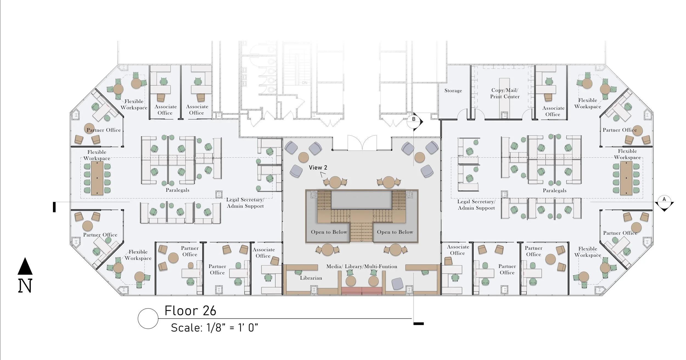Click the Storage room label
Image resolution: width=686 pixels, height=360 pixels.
tap(453, 91)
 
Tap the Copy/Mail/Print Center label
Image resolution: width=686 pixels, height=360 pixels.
tap(505, 93)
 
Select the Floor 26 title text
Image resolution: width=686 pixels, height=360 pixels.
tap(190, 311)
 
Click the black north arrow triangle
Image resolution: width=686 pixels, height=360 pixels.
tap(25, 266)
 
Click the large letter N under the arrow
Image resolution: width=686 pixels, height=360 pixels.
tap(25, 286)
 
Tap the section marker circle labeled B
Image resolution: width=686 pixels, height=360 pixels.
tap(414, 121)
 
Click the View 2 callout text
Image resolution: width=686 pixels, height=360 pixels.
tap(318, 168)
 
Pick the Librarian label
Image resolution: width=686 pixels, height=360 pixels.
tap(311, 278)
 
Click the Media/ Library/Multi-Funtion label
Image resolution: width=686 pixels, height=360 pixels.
tap(362, 266)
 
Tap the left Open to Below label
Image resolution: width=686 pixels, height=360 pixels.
tap(329, 232)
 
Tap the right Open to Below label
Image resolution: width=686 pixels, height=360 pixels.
tap(395, 232)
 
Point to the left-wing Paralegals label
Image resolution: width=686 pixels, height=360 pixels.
tap(177, 190)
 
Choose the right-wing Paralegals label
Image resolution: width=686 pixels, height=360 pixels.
tap(555, 191)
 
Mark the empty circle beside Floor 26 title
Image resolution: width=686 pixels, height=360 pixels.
tap(148, 319)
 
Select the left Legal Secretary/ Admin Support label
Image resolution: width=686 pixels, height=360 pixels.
tap(245, 203)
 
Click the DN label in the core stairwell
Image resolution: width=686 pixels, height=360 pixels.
tap(305, 83)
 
